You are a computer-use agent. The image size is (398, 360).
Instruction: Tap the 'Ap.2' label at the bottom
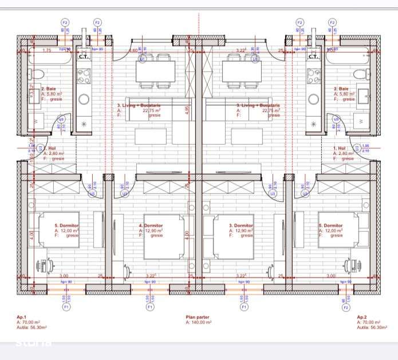click(361, 317)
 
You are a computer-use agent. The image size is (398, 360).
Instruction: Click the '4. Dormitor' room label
click(151, 226)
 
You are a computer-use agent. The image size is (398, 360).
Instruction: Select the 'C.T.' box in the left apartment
click(83, 56)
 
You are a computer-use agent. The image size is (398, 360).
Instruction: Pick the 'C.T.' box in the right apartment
click(313, 56)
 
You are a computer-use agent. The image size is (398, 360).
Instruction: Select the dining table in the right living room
click(241, 72)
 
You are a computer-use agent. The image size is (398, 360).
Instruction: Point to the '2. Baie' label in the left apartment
click(47, 89)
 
